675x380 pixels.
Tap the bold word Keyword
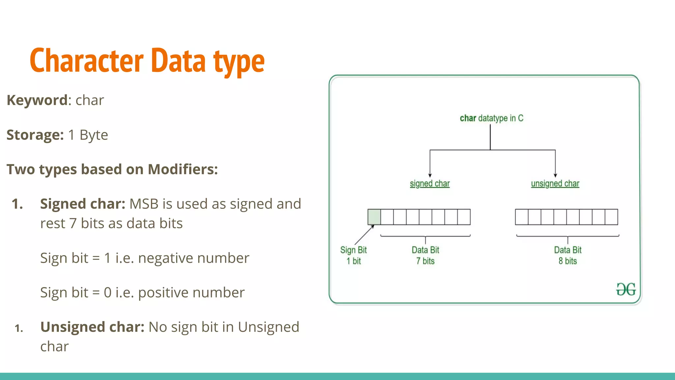[37, 100]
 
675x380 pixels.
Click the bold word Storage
[34, 135]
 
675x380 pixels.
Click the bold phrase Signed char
[82, 204]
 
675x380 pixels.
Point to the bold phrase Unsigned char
[92, 327]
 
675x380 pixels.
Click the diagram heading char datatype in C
[491, 118]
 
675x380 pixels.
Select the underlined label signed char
[429, 184]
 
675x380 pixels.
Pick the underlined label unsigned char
[555, 184]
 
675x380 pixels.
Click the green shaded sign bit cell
[374, 217]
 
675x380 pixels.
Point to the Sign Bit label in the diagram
[353, 250]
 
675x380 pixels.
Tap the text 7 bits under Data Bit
[425, 261]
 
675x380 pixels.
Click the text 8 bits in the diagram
[568, 261]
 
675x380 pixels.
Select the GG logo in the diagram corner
[626, 290]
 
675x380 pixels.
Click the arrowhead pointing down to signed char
[430, 175]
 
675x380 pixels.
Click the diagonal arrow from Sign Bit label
[364, 235]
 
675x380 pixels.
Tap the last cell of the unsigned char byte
[611, 217]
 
